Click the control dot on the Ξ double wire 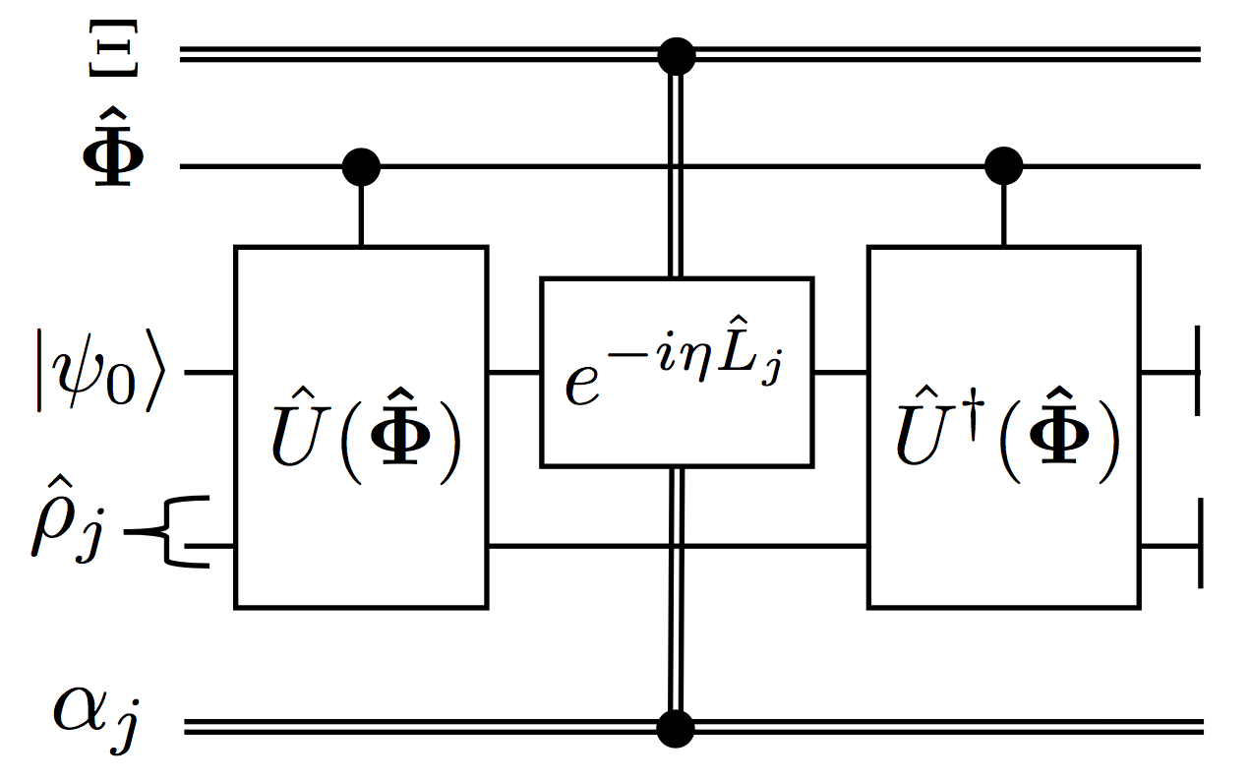click(676, 54)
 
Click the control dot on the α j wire click(676, 728)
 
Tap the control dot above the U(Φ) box click(361, 167)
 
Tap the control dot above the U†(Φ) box click(1003, 167)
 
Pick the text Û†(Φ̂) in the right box click(1003, 433)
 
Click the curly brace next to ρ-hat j click(182, 531)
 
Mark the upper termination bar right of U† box click(1198, 374)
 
